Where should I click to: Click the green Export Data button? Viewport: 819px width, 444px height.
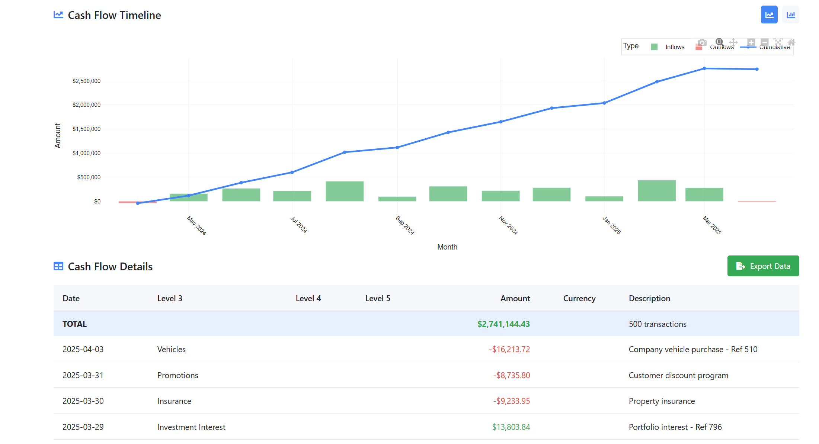click(763, 266)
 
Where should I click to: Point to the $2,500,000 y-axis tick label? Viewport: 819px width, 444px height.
click(86, 81)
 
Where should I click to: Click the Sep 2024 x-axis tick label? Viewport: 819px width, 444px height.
click(405, 225)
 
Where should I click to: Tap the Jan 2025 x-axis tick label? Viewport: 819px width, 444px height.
click(612, 225)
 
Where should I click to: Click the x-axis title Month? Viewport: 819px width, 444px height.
click(447, 247)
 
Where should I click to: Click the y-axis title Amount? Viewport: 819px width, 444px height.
click(58, 136)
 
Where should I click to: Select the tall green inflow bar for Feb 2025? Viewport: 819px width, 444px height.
click(656, 191)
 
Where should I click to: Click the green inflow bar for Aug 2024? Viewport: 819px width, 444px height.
click(345, 191)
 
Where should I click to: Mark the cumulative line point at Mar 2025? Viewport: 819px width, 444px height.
click(704, 68)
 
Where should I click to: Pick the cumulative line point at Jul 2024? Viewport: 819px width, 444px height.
click(292, 172)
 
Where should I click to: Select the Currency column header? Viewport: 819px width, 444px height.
click(579, 298)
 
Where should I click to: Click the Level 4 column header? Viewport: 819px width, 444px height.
click(308, 298)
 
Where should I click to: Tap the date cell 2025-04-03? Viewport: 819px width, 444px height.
click(83, 349)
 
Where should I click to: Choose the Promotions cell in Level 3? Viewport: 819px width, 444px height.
click(177, 375)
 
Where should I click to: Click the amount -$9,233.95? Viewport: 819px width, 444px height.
click(511, 401)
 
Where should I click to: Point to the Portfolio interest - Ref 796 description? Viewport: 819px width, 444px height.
click(675, 427)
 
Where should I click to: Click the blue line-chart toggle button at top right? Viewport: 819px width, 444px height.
click(769, 15)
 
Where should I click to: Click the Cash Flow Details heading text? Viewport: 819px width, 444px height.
click(110, 267)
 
